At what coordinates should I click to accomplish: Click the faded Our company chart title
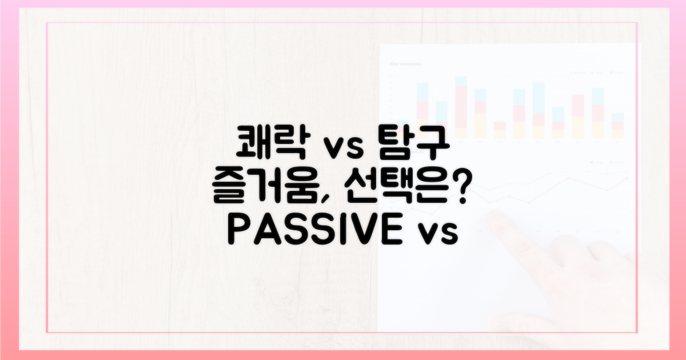pos(405,64)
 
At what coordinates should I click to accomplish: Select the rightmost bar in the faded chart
pos(617,126)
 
